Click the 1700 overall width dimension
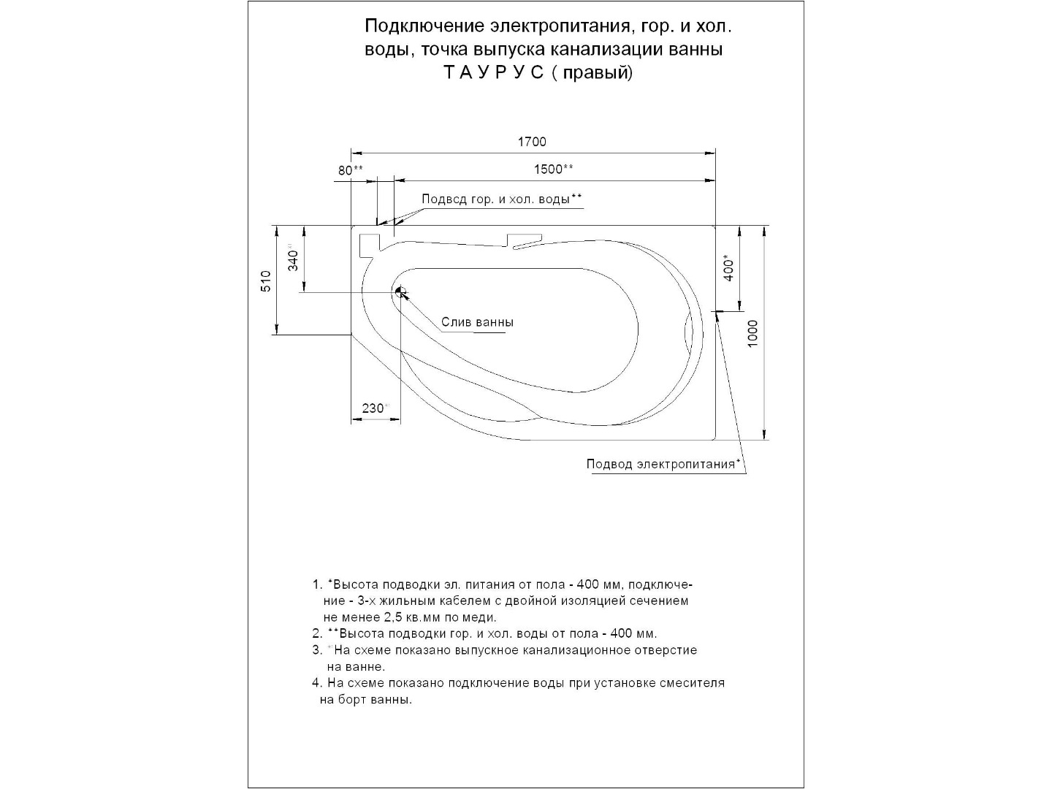[x=532, y=142]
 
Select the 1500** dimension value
[x=553, y=169]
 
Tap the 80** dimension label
[x=350, y=170]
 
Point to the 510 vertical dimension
[x=266, y=281]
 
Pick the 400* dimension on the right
[x=729, y=268]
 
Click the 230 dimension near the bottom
[x=373, y=408]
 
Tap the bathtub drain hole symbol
[x=400, y=292]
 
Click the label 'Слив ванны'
[x=477, y=322]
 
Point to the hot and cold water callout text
[x=502, y=199]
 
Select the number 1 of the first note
[x=316, y=585]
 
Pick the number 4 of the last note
[x=316, y=683]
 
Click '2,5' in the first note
[x=395, y=617]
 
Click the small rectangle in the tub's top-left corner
[x=370, y=244]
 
